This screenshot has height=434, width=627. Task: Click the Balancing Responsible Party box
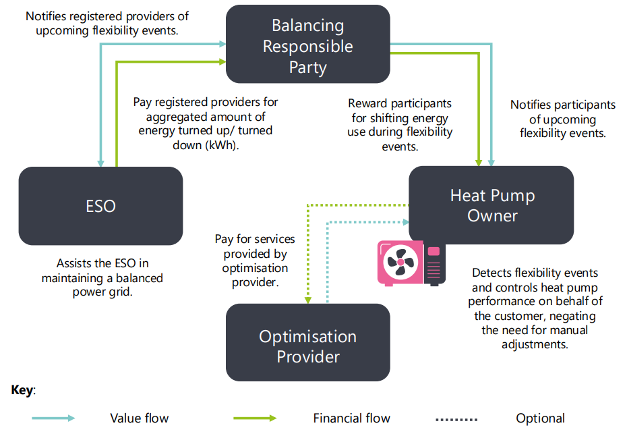coord(307,47)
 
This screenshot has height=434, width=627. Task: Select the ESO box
coord(100,205)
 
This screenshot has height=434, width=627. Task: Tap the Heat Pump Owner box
coord(491,205)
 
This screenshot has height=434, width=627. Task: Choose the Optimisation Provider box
coord(307,346)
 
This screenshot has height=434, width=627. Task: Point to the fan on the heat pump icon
coord(399,263)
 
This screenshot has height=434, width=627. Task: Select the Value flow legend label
coord(139,418)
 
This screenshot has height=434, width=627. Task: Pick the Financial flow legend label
coord(351,418)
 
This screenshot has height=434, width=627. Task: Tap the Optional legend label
coord(540,418)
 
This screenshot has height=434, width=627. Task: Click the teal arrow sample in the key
coord(53,418)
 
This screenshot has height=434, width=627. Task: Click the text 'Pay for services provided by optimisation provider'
coord(255,261)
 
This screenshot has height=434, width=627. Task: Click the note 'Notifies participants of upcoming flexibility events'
coord(562,119)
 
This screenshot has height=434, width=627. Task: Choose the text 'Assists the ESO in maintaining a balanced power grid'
coord(102,277)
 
